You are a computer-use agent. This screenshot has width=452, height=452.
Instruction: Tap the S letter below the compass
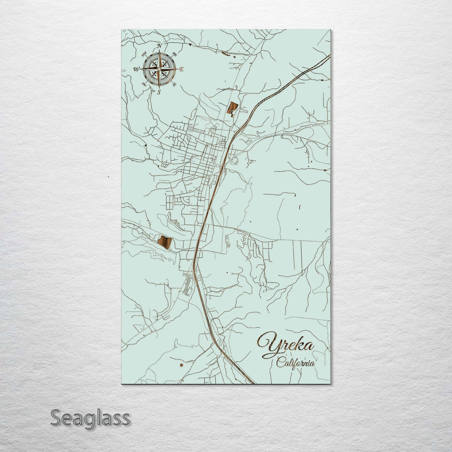tap(159, 92)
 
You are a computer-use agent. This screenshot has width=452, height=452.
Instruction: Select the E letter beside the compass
tap(181, 69)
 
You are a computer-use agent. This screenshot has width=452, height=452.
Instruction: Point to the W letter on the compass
tap(136, 69)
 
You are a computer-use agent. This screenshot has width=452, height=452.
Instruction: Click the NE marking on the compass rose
tap(175, 54)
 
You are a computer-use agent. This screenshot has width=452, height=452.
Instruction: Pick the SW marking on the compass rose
tap(145, 84)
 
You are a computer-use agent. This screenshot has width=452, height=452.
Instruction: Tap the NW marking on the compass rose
tap(144, 54)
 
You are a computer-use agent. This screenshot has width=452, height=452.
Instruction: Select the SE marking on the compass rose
tap(175, 84)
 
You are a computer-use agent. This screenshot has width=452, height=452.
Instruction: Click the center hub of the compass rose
tap(159, 69)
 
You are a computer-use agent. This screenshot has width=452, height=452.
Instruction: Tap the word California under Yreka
tap(296, 363)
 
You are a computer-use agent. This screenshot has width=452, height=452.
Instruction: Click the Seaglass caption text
tap(90, 418)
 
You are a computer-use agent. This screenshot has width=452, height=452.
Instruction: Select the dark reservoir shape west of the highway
tap(165, 242)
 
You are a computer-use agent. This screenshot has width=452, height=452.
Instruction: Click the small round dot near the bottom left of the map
tap(181, 365)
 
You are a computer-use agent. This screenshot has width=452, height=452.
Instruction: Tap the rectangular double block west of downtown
tap(169, 202)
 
